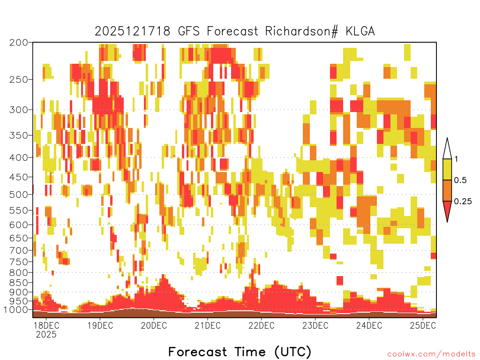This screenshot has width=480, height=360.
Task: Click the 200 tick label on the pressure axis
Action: [x=18, y=43]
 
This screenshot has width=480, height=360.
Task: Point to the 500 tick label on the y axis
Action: [x=18, y=195]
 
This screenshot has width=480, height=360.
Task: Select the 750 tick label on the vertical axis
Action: [x=18, y=262]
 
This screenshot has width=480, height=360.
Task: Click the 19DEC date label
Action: [x=100, y=325]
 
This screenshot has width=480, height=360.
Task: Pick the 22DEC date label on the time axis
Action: [x=262, y=325]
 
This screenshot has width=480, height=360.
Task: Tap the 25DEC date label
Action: [x=423, y=325]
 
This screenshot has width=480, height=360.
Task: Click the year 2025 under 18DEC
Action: [x=46, y=334]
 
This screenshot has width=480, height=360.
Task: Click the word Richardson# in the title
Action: [x=301, y=31]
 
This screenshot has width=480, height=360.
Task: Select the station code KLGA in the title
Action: [x=360, y=31]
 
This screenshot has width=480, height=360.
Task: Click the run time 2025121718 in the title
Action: [x=132, y=31]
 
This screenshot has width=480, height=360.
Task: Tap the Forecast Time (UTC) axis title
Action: [x=240, y=352]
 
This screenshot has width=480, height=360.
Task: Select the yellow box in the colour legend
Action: [x=447, y=169]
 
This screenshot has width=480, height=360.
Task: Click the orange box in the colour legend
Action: [x=447, y=190]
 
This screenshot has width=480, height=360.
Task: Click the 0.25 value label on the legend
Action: [x=463, y=201]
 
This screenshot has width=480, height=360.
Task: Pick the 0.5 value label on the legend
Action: [x=460, y=180]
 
